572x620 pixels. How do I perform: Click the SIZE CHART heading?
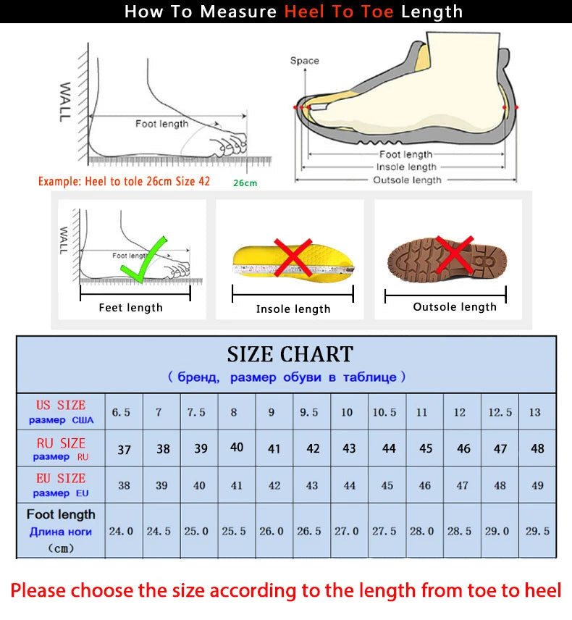coord(290,354)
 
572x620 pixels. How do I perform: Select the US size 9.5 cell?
coord(309,412)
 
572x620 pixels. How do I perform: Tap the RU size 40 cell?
coord(237,448)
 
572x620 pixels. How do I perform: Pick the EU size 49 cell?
coord(537,485)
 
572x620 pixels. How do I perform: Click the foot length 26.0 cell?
coord(272,531)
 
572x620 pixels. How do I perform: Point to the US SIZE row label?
coord(61,411)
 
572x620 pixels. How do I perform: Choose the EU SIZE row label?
coord(61,485)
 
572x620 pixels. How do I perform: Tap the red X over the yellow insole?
coord(293,258)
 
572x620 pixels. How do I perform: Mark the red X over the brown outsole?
coord(453,255)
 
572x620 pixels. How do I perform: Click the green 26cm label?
coord(245,183)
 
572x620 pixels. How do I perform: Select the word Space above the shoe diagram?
coord(304,61)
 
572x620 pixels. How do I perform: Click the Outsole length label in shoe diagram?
coord(406,180)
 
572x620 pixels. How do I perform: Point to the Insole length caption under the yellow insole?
coord(293,309)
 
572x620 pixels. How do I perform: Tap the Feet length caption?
coord(131,308)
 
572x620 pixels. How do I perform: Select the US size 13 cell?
coord(534,412)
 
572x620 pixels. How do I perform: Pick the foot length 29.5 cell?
coord(537,531)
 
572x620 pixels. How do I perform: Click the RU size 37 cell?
coord(125,449)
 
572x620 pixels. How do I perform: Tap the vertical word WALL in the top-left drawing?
coord(65,102)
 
